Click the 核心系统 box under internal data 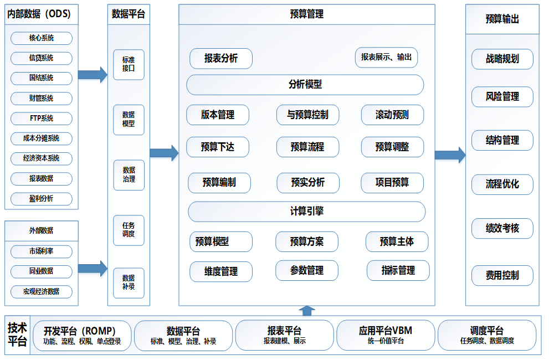coord(42,38)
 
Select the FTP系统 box coord(42,119)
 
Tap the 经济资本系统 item coord(42,158)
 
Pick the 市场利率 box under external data coord(42,251)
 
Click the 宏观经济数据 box coord(42,291)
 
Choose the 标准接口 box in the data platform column coord(129,65)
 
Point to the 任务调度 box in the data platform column coord(129,230)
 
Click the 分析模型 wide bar coord(305,85)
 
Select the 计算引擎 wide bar coord(306,212)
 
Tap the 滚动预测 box coord(392,115)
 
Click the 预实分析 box coord(307,183)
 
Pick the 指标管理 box coord(398,270)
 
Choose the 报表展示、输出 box coord(386,57)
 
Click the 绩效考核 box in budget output coord(502,228)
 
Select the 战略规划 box coord(502,59)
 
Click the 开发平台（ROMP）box coord(82,335)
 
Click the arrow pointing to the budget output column coord(449,155)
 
